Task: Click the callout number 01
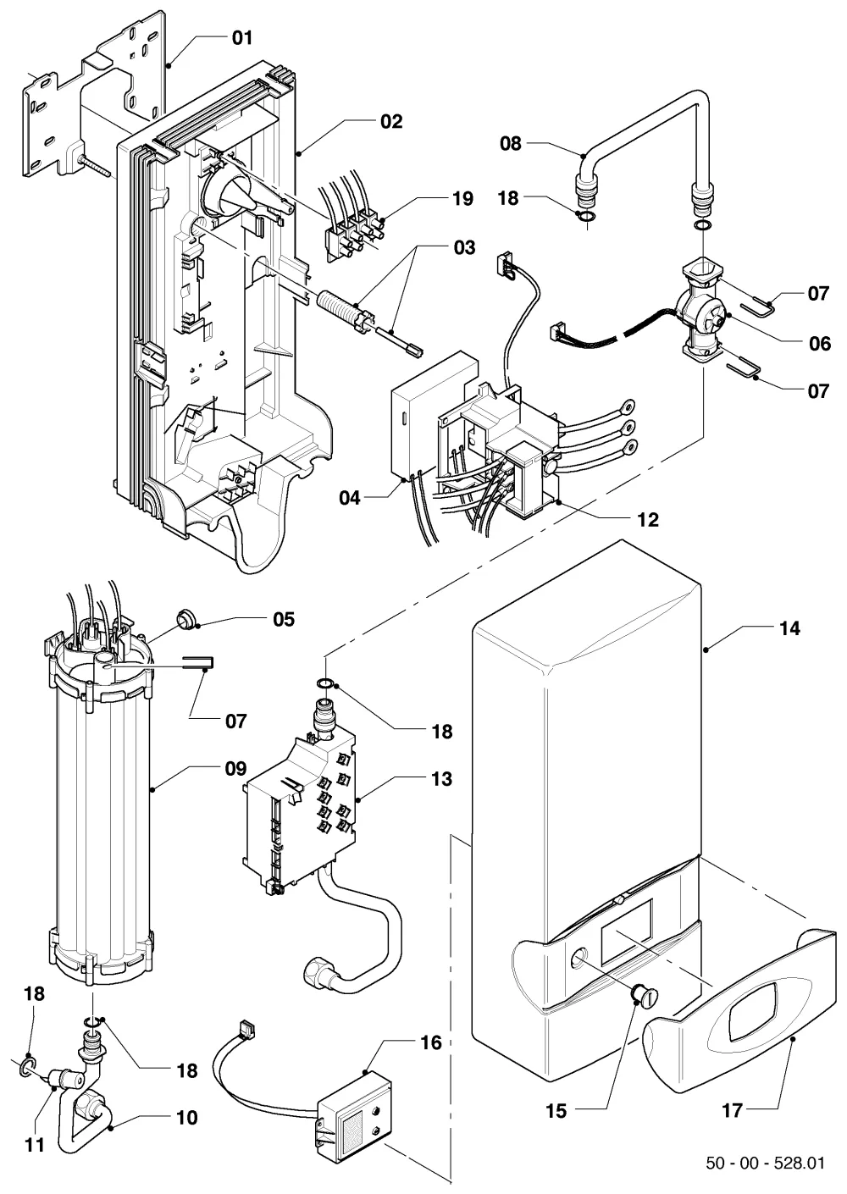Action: click(242, 38)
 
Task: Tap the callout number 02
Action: click(391, 122)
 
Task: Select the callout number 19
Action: click(462, 199)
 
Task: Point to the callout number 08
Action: click(510, 143)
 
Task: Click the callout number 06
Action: click(820, 344)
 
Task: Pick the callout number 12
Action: click(648, 520)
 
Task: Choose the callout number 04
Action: click(350, 499)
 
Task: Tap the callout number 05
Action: click(284, 619)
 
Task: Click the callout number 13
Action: click(441, 779)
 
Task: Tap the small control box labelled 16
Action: click(355, 1110)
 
